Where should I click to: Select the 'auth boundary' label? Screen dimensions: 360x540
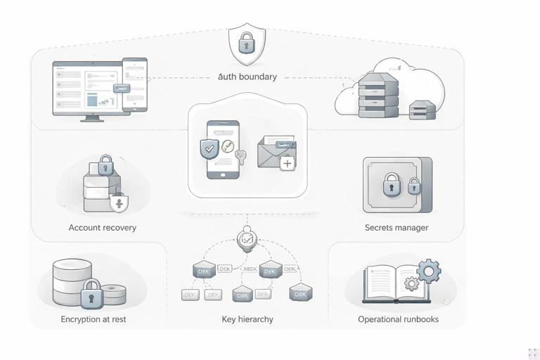point(247,77)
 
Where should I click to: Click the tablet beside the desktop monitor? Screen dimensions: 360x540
point(134,84)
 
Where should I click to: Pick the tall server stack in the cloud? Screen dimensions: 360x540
point(378,96)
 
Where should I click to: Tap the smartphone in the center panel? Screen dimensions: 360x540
point(223,149)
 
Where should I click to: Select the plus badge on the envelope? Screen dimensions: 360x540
point(287,164)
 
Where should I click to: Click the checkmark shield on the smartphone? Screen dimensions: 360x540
point(210,148)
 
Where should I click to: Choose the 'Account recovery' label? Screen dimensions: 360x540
point(103,228)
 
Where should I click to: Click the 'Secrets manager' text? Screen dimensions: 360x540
point(397,228)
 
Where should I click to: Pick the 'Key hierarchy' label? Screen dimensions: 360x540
point(247,319)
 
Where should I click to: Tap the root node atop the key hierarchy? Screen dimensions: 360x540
point(247,239)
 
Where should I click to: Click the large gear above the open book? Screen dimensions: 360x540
point(428,269)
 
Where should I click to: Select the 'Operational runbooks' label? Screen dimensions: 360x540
point(398,319)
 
